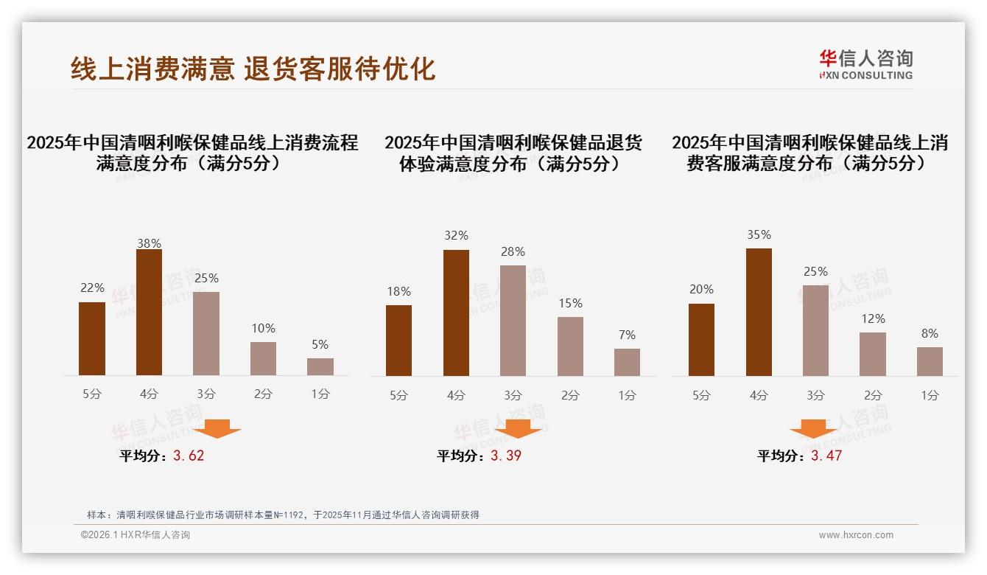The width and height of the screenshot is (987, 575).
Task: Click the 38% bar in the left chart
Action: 149,313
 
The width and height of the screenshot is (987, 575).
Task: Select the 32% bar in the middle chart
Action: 456,313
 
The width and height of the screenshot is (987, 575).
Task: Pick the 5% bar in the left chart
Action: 320,366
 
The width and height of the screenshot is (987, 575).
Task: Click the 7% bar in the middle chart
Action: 627,362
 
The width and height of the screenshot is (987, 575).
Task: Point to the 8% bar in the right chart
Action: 930,361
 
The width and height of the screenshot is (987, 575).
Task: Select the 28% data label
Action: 513,252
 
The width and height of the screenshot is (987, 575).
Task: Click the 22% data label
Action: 92,288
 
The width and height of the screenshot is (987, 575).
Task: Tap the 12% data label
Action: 873,319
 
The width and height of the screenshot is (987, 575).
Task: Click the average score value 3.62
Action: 189,456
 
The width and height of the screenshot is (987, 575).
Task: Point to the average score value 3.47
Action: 826,456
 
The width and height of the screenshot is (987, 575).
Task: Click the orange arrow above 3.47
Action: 813,429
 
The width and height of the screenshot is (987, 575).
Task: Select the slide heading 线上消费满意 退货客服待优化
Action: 253,69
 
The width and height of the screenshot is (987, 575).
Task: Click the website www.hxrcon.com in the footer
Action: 856,535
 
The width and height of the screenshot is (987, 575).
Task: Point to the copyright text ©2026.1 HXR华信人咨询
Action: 136,535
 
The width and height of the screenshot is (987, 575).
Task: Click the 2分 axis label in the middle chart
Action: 570,395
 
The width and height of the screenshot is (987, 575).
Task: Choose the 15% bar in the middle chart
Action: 570,346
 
